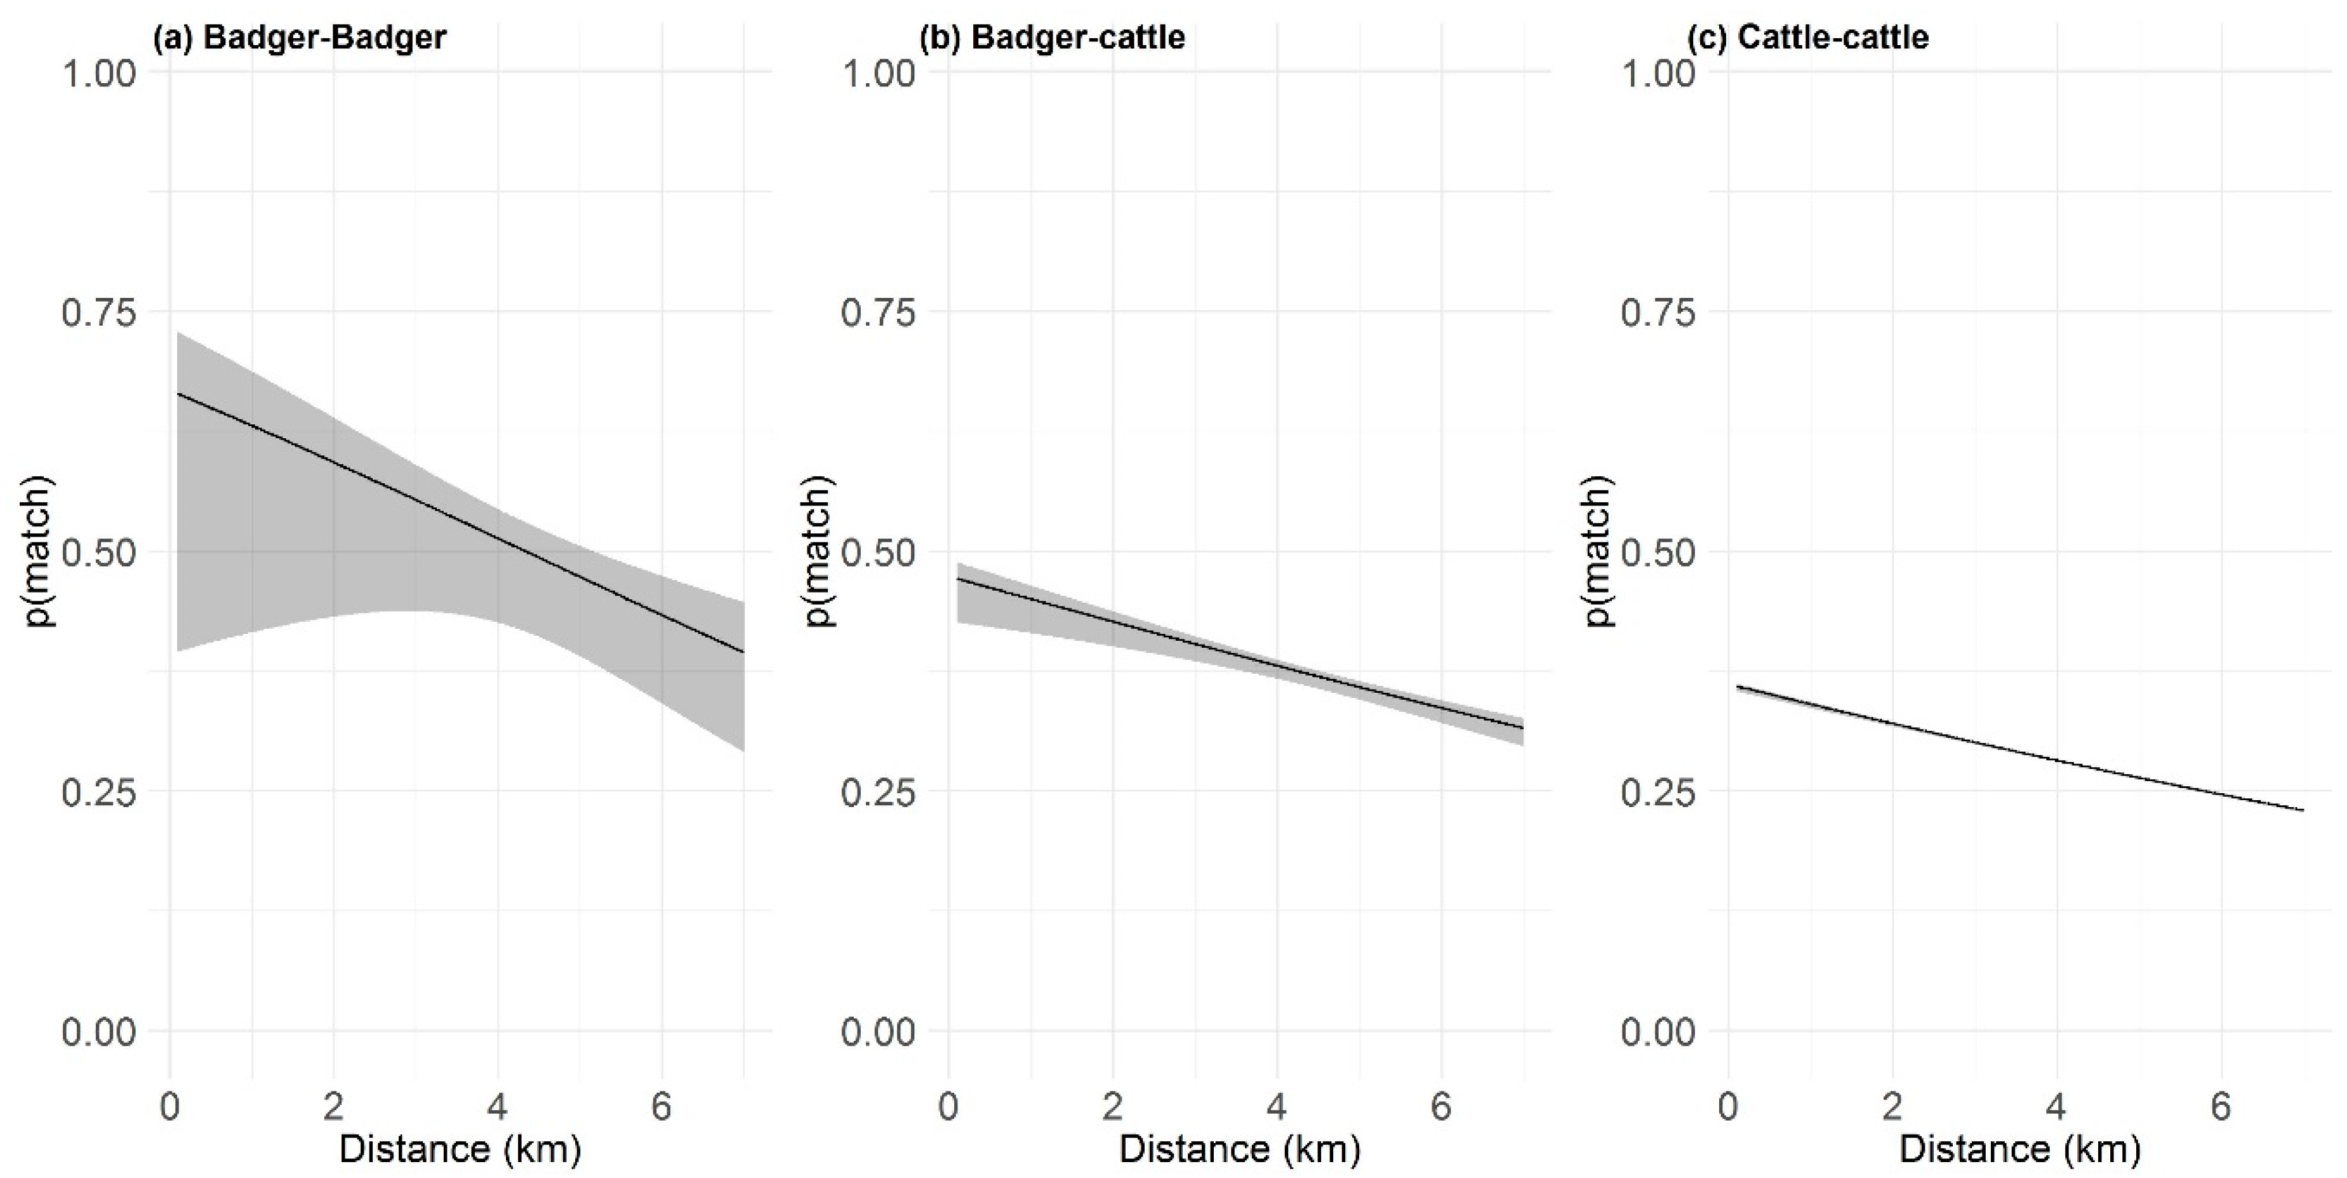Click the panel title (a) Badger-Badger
coord(299,37)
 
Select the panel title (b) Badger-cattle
coord(1053,37)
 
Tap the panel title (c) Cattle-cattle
coord(1809,37)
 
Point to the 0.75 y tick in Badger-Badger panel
coord(98,312)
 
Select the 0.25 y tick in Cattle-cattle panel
coord(1658,793)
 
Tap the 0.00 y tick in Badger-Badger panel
coord(98,1032)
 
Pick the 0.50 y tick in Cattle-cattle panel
coord(1658,552)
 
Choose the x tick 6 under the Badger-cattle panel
coord(1441,1106)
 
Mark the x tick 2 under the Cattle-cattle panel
coord(1892,1106)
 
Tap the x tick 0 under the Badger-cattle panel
coord(948,1106)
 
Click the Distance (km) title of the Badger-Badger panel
coord(460,1149)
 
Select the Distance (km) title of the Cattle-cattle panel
coord(2020,1149)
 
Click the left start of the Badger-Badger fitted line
coord(178,394)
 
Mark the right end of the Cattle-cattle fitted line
coord(2303,810)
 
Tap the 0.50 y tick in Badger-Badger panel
coord(98,552)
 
